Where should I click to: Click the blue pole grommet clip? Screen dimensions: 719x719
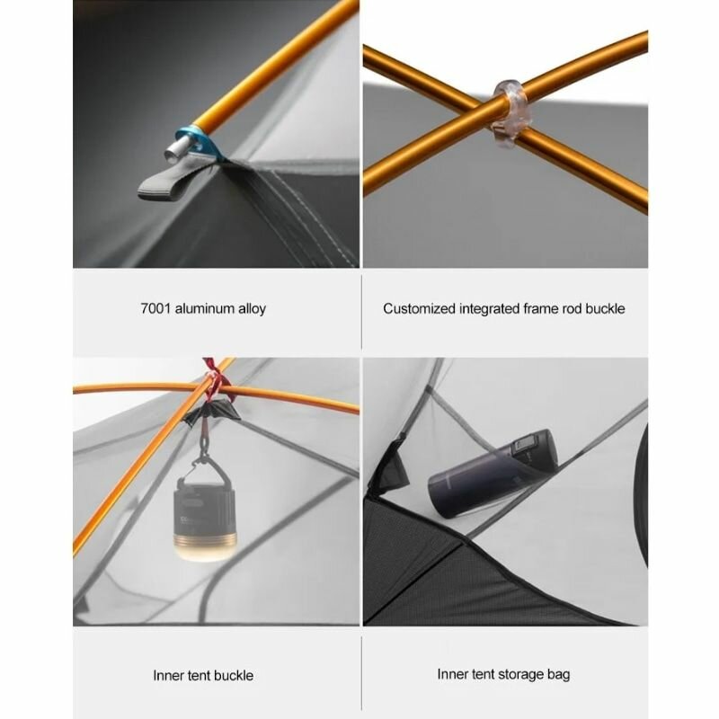click(195, 143)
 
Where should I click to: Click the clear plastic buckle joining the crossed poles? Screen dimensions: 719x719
click(510, 115)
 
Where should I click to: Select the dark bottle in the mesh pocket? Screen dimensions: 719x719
click(493, 474)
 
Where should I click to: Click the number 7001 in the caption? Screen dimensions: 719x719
click(155, 308)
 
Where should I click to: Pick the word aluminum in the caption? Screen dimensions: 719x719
click(205, 308)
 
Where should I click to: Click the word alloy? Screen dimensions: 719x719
click(253, 309)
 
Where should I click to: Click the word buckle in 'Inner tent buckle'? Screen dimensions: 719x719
click(234, 676)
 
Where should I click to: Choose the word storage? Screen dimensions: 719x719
click(520, 675)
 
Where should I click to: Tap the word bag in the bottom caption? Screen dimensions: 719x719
click(558, 675)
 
